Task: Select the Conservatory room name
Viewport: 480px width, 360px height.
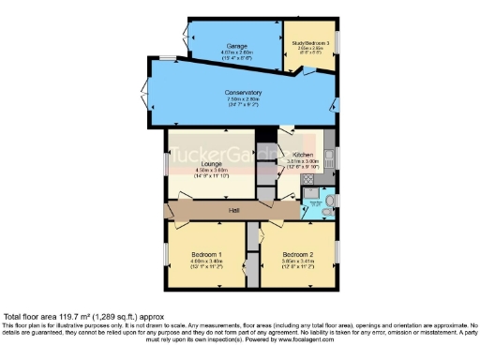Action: coord(243,93)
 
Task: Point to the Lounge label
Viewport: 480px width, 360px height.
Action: coord(211,164)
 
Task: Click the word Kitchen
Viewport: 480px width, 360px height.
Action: coord(301,154)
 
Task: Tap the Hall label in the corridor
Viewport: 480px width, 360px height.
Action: coord(233,210)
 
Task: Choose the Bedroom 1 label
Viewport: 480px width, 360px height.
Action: coord(207,255)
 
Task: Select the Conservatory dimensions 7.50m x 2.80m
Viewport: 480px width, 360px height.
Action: coord(243,100)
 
